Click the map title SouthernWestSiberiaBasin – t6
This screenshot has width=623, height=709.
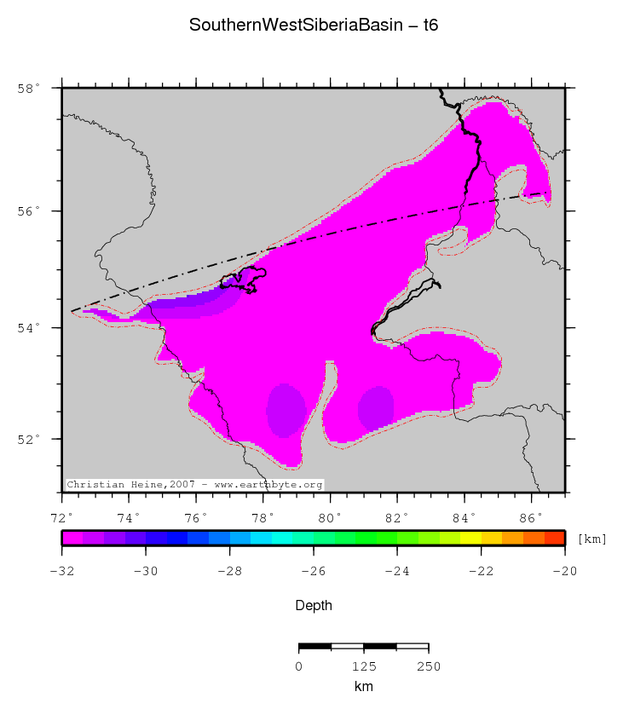click(313, 26)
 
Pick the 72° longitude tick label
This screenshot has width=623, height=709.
click(61, 517)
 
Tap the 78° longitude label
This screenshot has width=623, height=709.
click(262, 517)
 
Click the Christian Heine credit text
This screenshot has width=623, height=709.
click(194, 484)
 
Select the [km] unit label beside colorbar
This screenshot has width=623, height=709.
click(591, 539)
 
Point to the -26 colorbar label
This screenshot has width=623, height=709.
click(313, 571)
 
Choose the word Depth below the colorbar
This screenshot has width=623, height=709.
click(313, 606)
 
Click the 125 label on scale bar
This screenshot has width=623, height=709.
click(363, 666)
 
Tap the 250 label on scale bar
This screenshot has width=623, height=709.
click(428, 666)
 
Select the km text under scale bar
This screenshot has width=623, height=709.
click(363, 686)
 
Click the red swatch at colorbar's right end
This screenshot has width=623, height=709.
click(554, 538)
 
